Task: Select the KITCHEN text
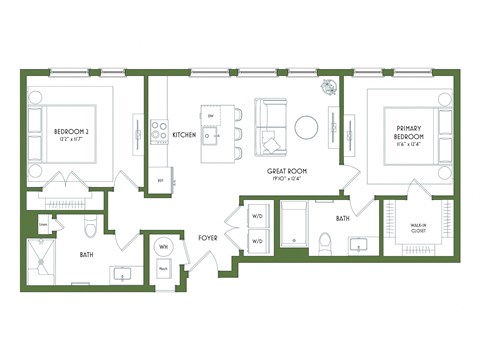(x=184, y=134)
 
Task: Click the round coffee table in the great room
(x=306, y=127)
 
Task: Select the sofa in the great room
(x=270, y=128)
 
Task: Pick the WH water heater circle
(x=163, y=247)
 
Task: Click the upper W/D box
(x=256, y=216)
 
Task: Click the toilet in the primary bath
(x=324, y=241)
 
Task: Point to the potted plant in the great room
(x=330, y=89)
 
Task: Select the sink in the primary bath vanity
(x=357, y=243)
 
